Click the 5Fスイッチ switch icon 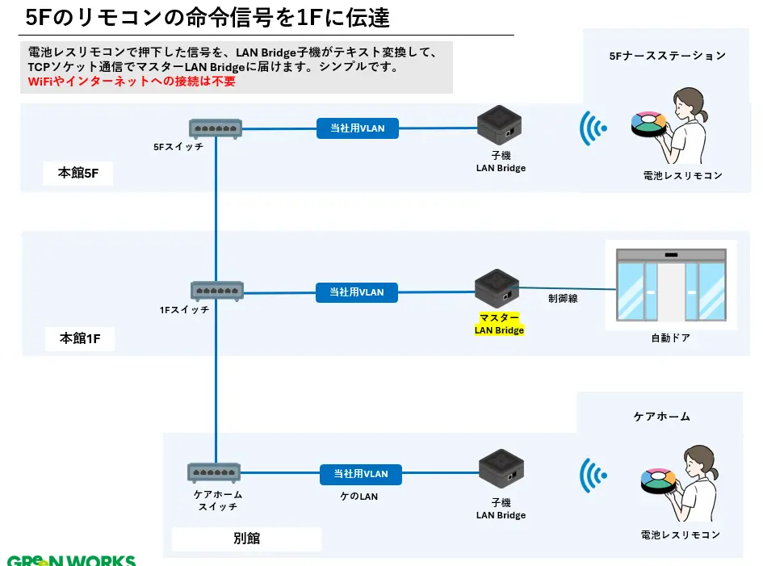tap(216, 128)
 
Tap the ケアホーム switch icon tap(215, 472)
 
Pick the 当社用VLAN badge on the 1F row tap(357, 292)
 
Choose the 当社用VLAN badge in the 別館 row tap(360, 474)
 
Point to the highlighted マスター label tap(500, 317)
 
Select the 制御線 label tap(563, 298)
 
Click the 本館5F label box tap(78, 173)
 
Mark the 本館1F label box tap(80, 338)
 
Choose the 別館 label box tap(246, 539)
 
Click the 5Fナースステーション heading tap(667, 56)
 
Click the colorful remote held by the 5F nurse tap(648, 123)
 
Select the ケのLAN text tap(358, 497)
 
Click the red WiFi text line tap(132, 82)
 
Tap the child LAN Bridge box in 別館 tap(501, 469)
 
